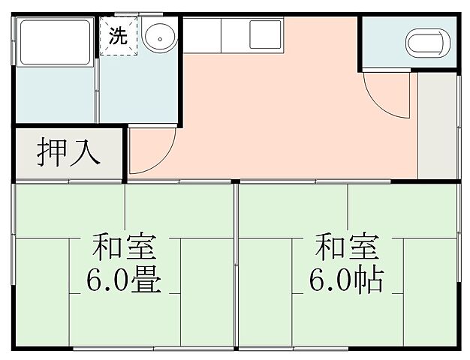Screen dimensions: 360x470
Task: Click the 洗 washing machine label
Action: pyautogui.click(x=119, y=34)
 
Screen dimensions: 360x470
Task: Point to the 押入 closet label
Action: pyautogui.click(x=68, y=153)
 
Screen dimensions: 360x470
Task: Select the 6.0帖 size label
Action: pyautogui.click(x=346, y=280)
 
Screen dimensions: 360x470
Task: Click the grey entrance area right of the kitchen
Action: pyautogui.click(x=437, y=127)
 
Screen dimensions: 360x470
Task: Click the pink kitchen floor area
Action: pyautogui.click(x=285, y=120)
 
